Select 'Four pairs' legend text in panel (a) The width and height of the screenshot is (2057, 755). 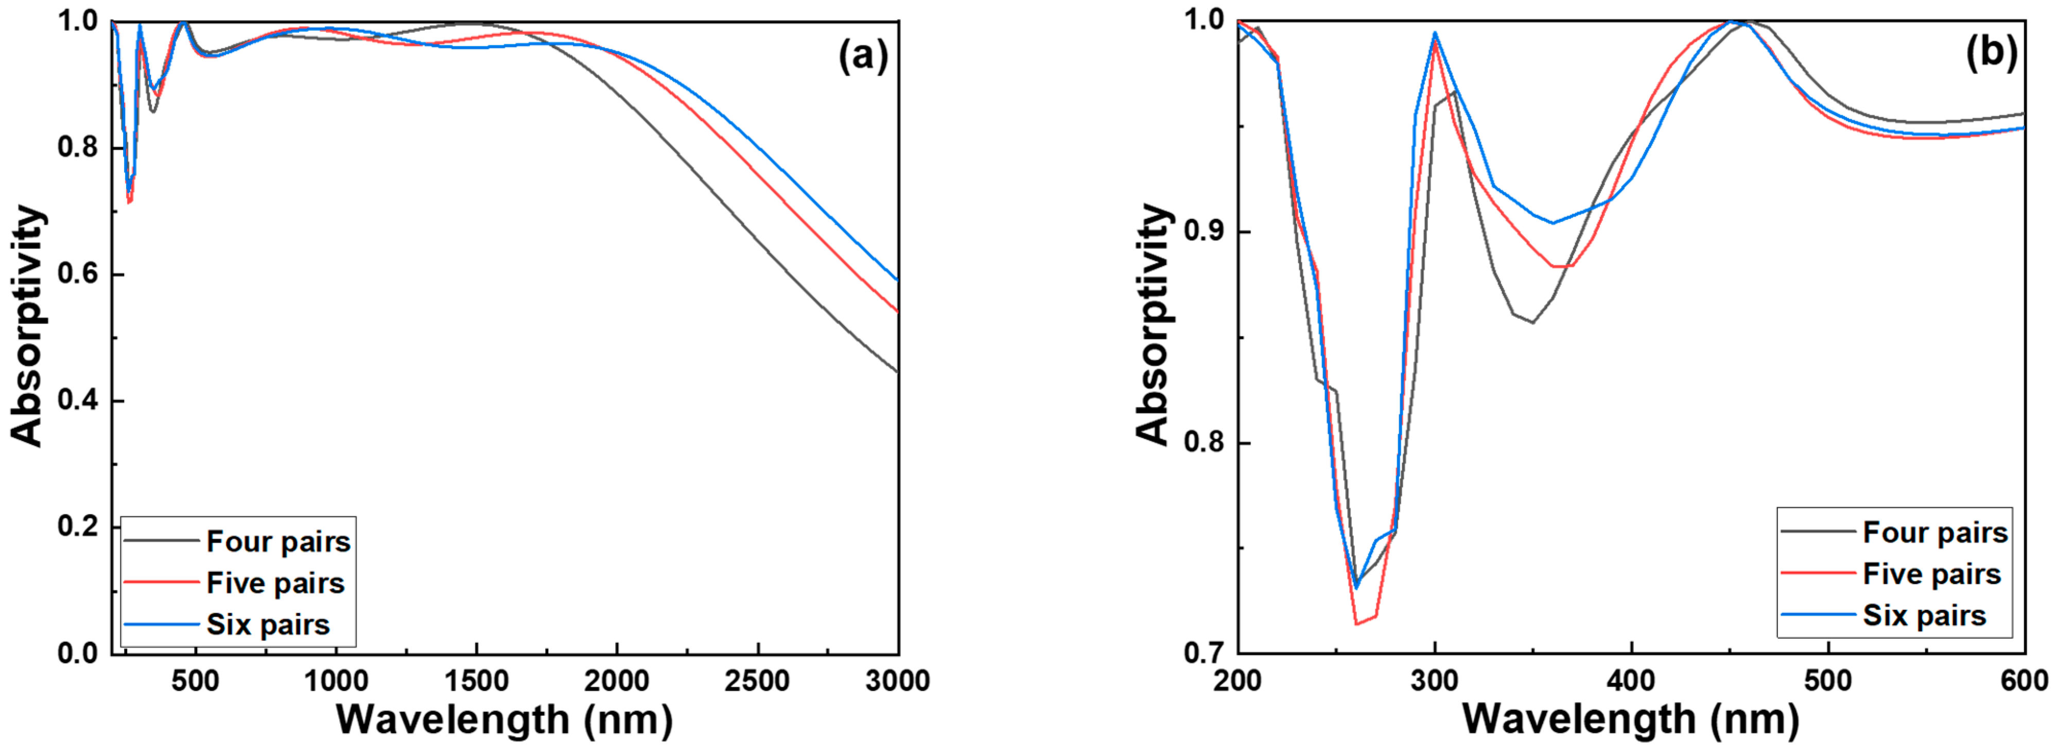click(x=278, y=542)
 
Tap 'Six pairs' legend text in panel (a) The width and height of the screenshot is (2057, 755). click(x=268, y=624)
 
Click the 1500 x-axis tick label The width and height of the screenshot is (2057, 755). click(x=476, y=681)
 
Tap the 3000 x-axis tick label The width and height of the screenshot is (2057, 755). click(x=898, y=681)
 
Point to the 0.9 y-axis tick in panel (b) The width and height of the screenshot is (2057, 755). click(x=1204, y=232)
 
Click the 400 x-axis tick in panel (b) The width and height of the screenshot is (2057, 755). click(x=1631, y=681)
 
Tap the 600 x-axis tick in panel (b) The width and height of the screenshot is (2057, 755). click(x=2025, y=681)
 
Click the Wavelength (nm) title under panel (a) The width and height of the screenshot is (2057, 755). click(x=504, y=720)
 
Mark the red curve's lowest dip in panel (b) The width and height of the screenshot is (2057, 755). click(x=1356, y=623)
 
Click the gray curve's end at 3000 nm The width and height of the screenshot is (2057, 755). click(x=898, y=372)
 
